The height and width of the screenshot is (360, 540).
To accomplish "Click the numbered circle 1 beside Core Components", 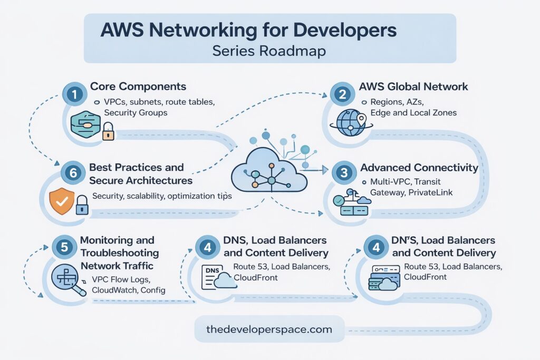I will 75,94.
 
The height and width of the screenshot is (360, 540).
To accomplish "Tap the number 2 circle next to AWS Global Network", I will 342,94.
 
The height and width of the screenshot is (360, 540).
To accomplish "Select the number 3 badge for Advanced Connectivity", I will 343,172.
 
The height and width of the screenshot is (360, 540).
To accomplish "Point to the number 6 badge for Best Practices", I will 70,172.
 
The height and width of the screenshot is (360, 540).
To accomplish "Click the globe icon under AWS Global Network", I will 349,123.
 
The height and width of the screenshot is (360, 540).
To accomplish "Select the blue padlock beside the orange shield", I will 81,205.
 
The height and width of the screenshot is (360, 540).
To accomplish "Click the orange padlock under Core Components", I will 108,131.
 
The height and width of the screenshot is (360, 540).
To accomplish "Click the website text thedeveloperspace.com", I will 269,330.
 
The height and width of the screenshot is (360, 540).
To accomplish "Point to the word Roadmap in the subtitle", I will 298,51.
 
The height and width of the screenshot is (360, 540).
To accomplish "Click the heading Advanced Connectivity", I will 419,168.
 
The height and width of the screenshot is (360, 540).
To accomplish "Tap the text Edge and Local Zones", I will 409,112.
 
